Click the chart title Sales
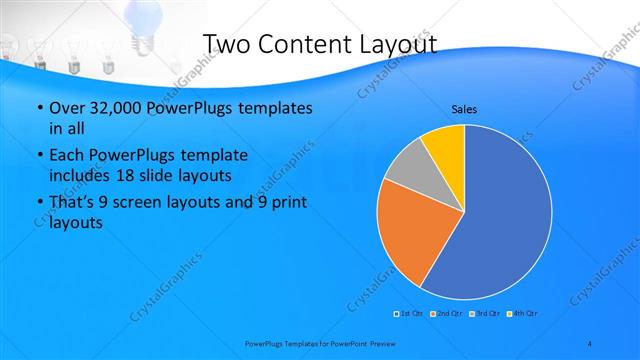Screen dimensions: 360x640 click(463, 108)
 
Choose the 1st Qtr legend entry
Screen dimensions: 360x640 click(409, 314)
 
